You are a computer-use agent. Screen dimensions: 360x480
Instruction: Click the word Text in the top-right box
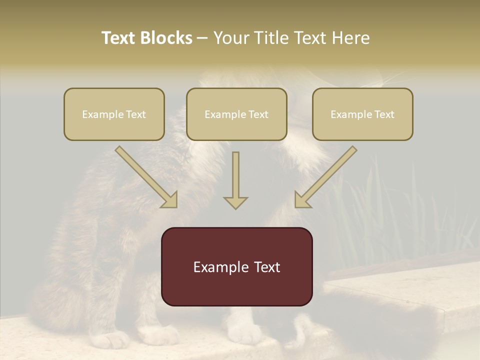(384, 114)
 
